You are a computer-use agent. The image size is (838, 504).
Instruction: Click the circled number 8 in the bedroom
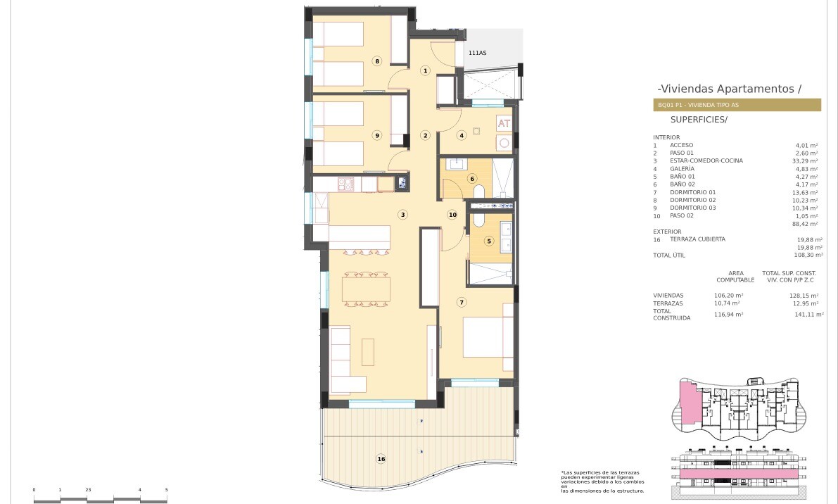tap(377, 61)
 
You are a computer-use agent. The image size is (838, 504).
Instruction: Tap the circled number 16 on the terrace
tap(381, 458)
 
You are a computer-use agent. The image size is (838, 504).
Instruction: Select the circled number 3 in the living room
tap(403, 215)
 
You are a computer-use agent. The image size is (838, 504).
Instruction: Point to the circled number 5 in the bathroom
tap(489, 241)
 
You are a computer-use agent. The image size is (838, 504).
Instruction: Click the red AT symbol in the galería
tap(504, 123)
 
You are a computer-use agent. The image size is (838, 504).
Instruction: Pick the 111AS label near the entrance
tap(477, 53)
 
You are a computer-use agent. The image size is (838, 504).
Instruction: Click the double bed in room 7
tap(488, 337)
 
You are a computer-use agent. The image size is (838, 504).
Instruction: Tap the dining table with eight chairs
tap(366, 290)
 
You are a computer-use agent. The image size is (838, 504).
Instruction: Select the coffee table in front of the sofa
tap(368, 352)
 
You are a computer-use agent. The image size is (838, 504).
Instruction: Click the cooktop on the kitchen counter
tap(345, 184)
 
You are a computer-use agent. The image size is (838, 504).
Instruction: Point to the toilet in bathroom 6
tap(478, 191)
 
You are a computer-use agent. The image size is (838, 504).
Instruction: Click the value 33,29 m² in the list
tap(806, 161)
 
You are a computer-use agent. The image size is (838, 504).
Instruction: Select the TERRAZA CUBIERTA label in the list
tap(697, 239)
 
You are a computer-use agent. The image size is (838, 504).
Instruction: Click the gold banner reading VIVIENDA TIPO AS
tap(737, 105)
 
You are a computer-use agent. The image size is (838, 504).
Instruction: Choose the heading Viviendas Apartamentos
tap(730, 89)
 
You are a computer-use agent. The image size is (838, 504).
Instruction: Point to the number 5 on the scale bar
tap(166, 489)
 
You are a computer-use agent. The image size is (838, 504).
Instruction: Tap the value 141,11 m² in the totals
tap(809, 315)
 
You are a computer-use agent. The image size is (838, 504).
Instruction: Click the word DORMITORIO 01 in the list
tap(692, 192)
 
